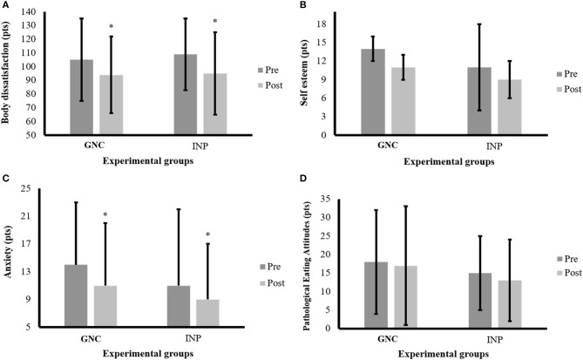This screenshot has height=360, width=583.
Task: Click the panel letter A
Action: pyautogui.click(x=6, y=6)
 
